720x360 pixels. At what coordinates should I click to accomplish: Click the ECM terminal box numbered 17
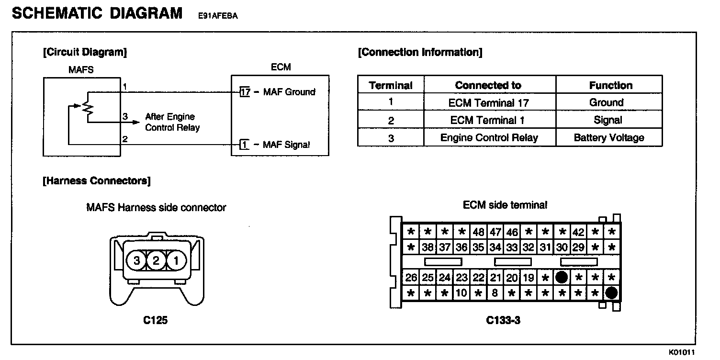(245, 92)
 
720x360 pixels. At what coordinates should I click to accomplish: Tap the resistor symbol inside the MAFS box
(87, 107)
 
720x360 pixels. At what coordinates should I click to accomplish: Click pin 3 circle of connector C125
(137, 261)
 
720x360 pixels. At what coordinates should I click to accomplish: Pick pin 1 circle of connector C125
(176, 261)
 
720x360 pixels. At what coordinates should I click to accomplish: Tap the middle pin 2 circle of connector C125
(157, 261)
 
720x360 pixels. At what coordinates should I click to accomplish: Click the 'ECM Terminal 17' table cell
(488, 103)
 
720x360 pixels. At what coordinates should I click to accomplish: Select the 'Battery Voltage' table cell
(608, 138)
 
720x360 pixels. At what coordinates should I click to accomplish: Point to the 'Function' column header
(610, 86)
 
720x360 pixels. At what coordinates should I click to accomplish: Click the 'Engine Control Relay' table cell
(489, 138)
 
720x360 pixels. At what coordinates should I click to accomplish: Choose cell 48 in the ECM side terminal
(478, 232)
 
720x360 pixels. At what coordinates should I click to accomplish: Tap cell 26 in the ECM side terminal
(411, 277)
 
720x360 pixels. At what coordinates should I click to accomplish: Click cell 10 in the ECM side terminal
(461, 292)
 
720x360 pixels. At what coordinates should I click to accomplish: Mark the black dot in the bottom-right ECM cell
(611, 292)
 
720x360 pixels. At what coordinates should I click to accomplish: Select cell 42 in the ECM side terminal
(578, 232)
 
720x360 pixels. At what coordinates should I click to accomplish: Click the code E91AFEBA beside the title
(218, 16)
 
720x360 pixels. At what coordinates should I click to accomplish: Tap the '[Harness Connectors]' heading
(96, 181)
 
